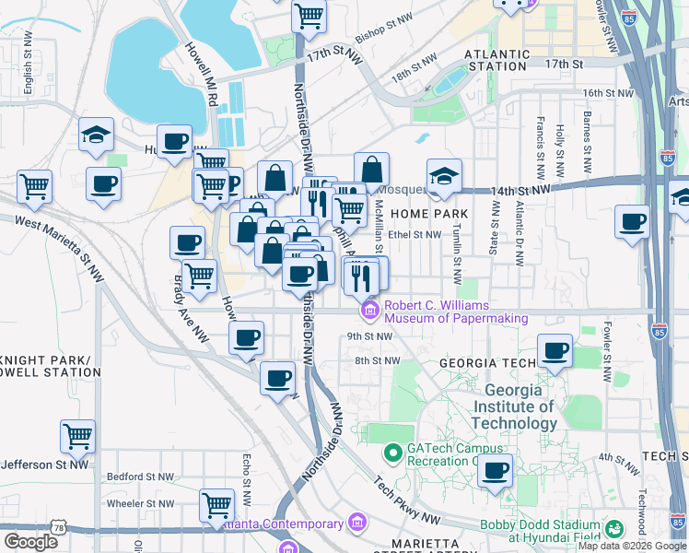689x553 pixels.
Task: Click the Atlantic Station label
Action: coord(497,60)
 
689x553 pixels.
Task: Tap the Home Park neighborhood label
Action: coord(428,214)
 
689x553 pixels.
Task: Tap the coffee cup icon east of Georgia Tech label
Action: coord(555,350)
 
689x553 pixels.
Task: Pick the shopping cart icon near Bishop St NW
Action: coord(309,14)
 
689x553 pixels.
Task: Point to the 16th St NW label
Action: coord(610,93)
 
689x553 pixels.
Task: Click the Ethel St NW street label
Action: coord(415,234)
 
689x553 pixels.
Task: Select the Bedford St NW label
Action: coord(140,477)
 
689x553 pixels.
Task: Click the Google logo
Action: coord(30,542)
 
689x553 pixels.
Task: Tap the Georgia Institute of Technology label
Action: coord(514,406)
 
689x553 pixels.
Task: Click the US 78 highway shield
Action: coord(60,527)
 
